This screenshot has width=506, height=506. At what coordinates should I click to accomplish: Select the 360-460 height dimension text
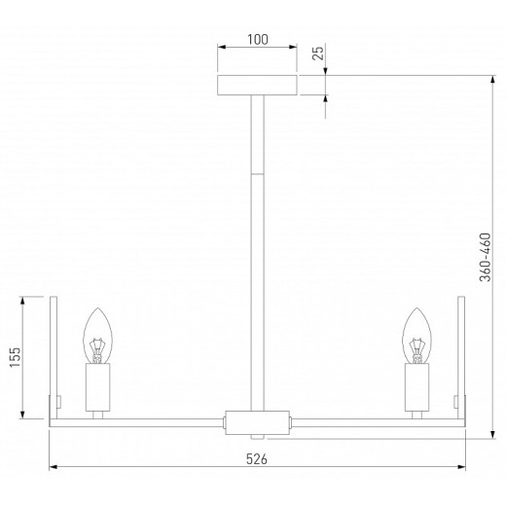(486, 257)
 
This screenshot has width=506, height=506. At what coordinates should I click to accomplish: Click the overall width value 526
(255, 458)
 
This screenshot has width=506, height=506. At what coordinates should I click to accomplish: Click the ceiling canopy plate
(256, 85)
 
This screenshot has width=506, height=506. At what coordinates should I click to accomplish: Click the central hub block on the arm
(257, 422)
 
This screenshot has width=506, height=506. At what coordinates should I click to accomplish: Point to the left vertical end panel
(56, 360)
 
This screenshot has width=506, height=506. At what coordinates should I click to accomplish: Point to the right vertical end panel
(459, 360)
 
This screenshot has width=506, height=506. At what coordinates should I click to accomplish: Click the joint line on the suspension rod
(257, 172)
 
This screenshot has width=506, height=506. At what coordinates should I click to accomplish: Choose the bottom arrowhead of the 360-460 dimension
(496, 432)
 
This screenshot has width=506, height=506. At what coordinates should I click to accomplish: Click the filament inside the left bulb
(97, 346)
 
